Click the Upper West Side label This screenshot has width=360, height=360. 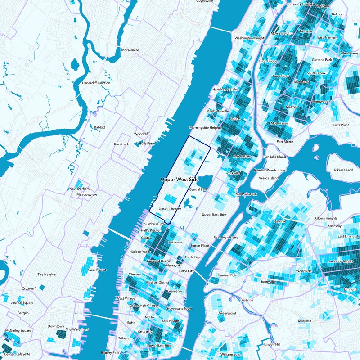(180, 179)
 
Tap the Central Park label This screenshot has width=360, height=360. (198, 190)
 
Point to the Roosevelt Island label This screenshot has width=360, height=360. (225, 237)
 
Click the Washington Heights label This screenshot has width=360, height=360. (250, 38)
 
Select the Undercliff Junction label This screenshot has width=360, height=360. (96, 83)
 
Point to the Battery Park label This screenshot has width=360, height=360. (110, 352)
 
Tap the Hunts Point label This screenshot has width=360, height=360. (340, 125)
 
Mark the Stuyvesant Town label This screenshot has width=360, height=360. (179, 309)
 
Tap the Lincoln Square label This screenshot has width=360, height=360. (170, 209)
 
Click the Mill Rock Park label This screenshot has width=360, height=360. (246, 194)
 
